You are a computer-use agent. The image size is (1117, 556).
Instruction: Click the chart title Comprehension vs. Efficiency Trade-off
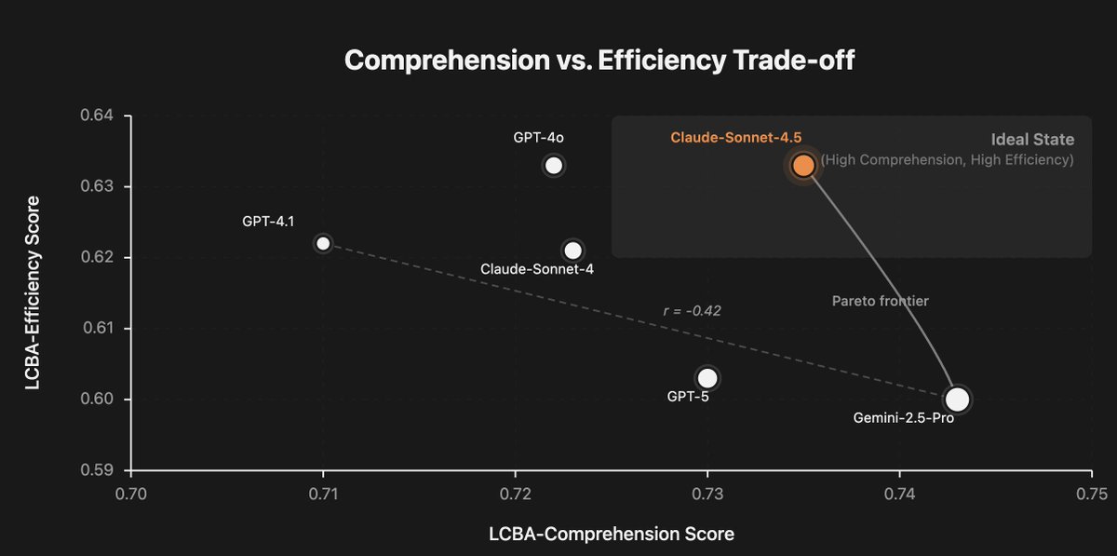(x=599, y=61)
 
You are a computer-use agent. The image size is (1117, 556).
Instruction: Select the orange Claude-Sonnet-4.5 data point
(x=803, y=166)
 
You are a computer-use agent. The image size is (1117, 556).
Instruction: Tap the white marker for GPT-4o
(x=554, y=166)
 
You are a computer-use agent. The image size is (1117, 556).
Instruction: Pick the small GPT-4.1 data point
(x=323, y=243)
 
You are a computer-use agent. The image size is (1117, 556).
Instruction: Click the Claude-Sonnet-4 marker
(x=572, y=251)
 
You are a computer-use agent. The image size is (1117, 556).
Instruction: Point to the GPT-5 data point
(x=707, y=378)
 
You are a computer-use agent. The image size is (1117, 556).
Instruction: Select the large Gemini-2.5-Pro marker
(x=957, y=400)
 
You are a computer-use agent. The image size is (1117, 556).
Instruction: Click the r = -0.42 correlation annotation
(x=692, y=311)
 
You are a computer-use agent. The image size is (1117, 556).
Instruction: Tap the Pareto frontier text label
(x=880, y=301)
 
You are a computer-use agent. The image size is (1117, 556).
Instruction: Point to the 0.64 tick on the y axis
(x=96, y=115)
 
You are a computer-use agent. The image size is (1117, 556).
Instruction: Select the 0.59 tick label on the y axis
(x=96, y=470)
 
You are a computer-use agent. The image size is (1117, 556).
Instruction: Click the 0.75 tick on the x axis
(x=1091, y=491)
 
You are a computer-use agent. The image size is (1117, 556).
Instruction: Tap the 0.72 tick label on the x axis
(x=515, y=491)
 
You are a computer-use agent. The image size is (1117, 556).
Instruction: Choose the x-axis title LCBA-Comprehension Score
(x=611, y=535)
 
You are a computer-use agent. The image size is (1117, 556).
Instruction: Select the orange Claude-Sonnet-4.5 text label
(x=735, y=138)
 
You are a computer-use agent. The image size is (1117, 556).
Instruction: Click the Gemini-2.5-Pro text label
(x=903, y=419)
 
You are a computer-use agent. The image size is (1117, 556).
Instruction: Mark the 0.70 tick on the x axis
(x=130, y=491)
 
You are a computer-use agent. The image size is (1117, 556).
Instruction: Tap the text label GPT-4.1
(x=268, y=222)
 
